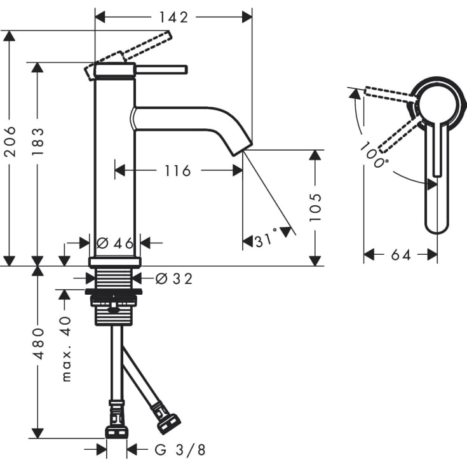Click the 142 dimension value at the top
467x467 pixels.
pyautogui.click(x=174, y=17)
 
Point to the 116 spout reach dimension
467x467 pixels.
pyautogui.click(x=178, y=170)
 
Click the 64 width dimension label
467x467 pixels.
pyautogui.click(x=400, y=255)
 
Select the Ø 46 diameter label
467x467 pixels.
pyautogui.click(x=114, y=242)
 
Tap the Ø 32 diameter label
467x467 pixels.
pyautogui.click(x=173, y=278)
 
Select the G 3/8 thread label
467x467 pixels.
pyautogui.click(x=180, y=450)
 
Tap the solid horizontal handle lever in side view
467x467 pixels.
pyautogui.click(x=160, y=69)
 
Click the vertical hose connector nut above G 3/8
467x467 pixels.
pyautogui.click(x=116, y=431)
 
